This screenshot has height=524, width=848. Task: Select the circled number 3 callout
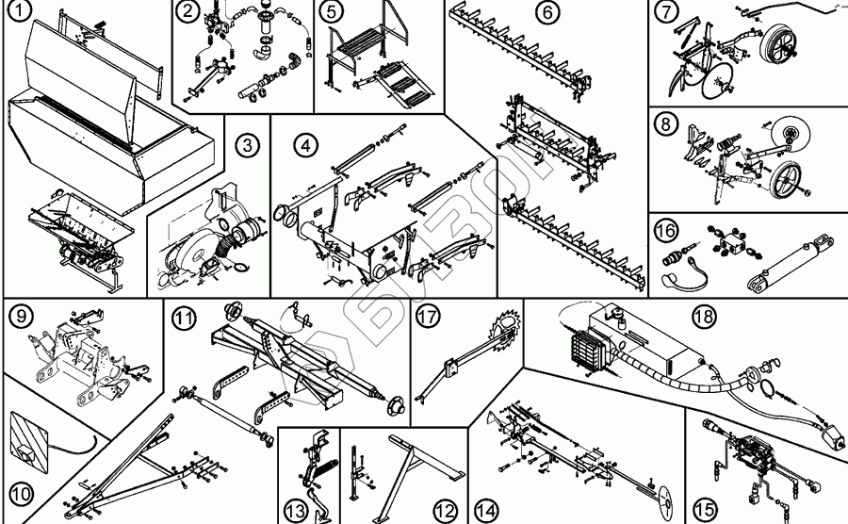point(247,145)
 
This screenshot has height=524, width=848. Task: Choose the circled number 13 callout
point(296,510)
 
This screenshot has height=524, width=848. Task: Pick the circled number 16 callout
point(665,232)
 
